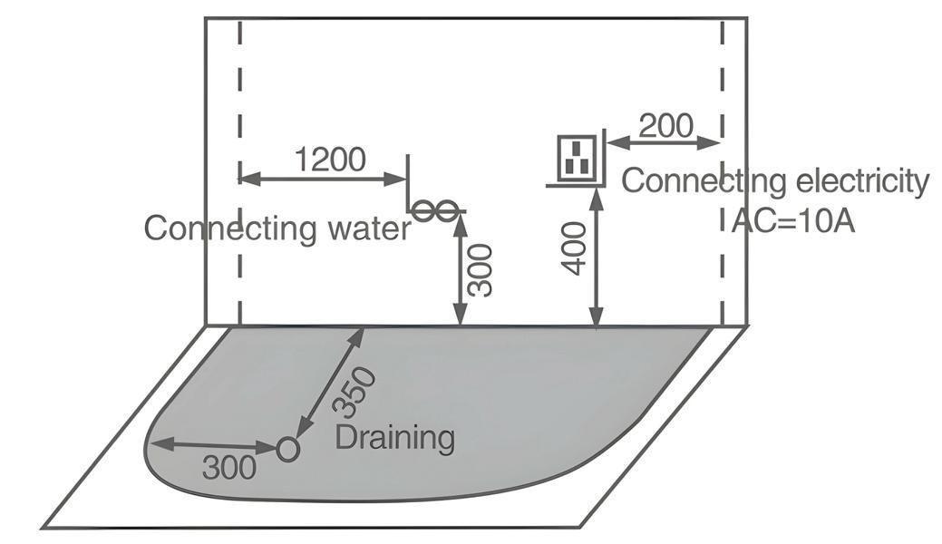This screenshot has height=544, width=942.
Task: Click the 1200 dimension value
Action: click(x=330, y=160)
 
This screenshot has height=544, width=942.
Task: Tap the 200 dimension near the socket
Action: click(x=665, y=125)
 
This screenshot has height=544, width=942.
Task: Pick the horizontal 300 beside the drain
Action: click(x=228, y=468)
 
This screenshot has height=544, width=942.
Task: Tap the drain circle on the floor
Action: click(x=287, y=448)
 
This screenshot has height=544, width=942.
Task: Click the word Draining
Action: click(x=394, y=438)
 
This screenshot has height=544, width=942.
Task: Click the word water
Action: click(x=366, y=228)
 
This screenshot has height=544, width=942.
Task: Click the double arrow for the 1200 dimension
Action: click(x=323, y=179)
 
